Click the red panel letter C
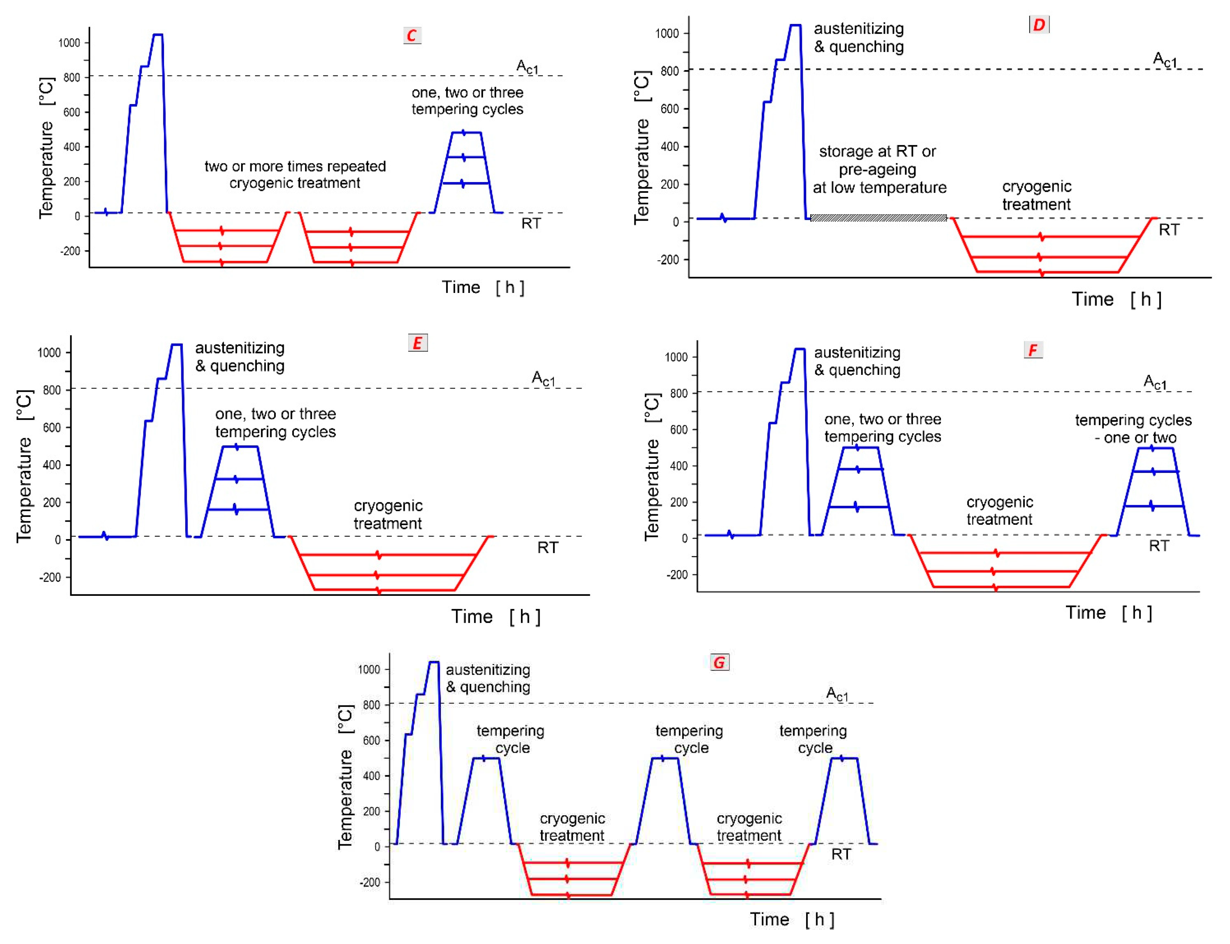point(412,36)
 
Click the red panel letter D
point(1039,25)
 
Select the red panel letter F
point(1033,350)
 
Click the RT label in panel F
point(1159,546)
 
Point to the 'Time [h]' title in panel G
point(792,919)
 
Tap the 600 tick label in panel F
point(679,430)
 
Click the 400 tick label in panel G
point(371,776)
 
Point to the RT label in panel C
point(531,224)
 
